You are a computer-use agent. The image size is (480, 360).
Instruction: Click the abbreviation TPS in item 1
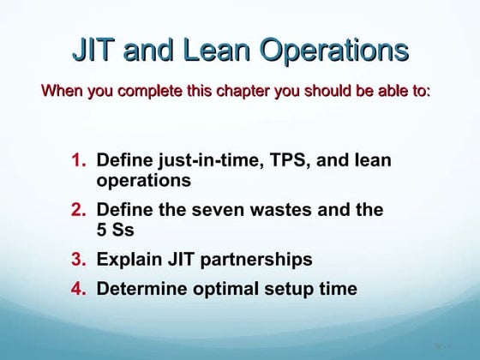[281, 160]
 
